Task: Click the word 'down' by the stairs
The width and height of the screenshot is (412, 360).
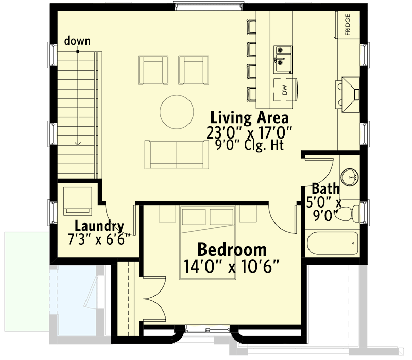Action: pyautogui.click(x=78, y=41)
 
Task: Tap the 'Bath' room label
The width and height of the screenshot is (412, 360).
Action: pyautogui.click(x=326, y=188)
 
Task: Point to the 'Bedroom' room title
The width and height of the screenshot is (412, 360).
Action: pyautogui.click(x=232, y=250)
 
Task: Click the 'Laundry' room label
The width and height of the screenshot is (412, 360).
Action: pyautogui.click(x=99, y=226)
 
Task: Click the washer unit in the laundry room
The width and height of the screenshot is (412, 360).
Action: pyautogui.click(x=78, y=201)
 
